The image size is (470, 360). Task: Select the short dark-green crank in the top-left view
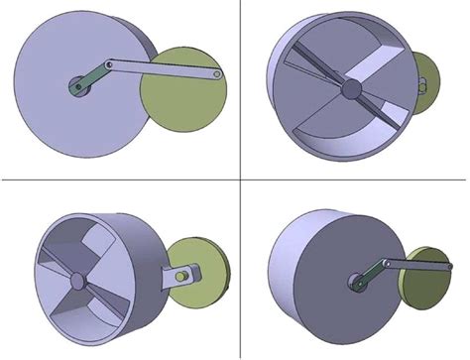(84, 80)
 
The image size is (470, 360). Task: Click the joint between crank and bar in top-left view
(102, 67)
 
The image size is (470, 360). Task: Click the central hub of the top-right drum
(349, 89)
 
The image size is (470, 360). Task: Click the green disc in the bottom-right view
(421, 298)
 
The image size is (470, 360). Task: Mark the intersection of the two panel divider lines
(241, 180)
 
